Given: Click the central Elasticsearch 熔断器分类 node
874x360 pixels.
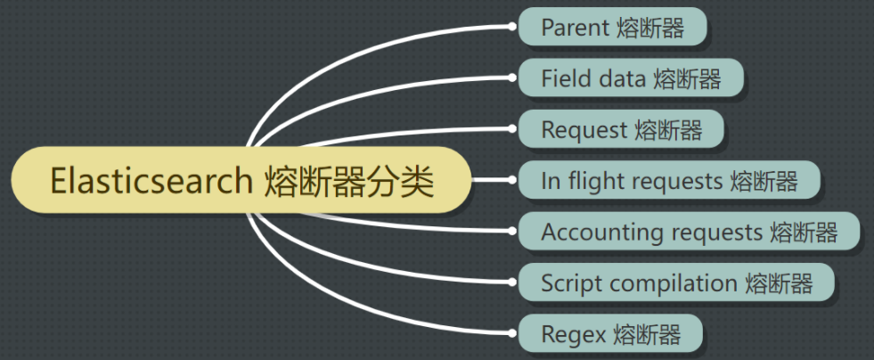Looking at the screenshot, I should click(x=241, y=182).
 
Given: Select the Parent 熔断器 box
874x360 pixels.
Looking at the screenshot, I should click(x=612, y=28).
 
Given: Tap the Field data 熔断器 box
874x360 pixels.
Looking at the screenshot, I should click(x=630, y=78).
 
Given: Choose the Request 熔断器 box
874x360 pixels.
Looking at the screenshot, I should click(x=621, y=130).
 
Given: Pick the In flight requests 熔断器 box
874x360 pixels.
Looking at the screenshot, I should click(x=668, y=181).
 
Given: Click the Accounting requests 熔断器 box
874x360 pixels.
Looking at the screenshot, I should click(x=689, y=233).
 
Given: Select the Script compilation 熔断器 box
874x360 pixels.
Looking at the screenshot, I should click(x=676, y=283).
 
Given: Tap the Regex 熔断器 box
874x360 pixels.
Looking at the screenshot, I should click(x=610, y=335).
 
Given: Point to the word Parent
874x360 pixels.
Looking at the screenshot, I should click(x=575, y=28).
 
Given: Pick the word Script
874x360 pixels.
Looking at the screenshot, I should click(x=568, y=283).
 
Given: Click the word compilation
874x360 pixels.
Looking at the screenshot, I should click(x=669, y=283).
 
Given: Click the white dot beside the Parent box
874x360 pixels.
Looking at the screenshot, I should click(x=511, y=27).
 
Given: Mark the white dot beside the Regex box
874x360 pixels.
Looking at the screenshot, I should click(x=511, y=335).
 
